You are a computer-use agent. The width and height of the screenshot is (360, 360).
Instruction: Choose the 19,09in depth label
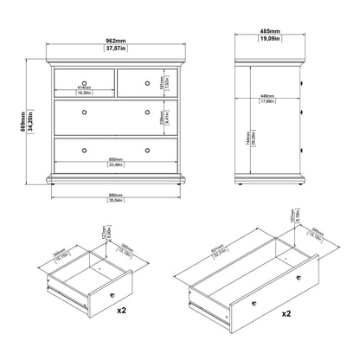[269, 43]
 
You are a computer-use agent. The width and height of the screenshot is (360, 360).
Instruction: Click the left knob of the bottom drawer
[83, 151]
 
